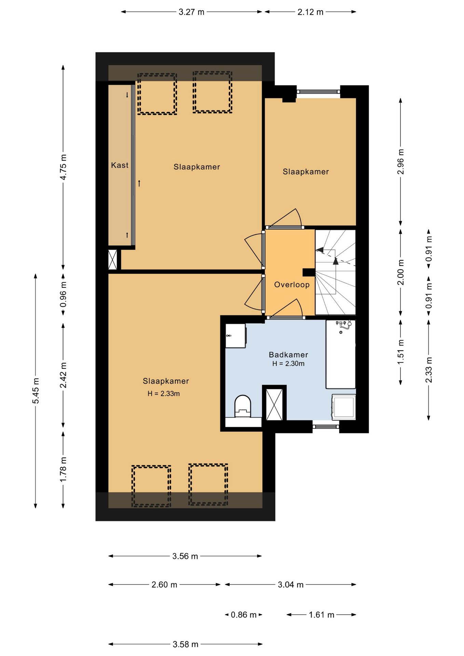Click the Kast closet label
(x=120, y=165)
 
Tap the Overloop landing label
(x=292, y=285)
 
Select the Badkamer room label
(x=288, y=355)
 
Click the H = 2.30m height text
(x=288, y=364)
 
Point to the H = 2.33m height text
(x=164, y=394)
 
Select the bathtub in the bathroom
(x=341, y=354)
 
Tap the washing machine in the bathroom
(x=344, y=407)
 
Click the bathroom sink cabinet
(x=235, y=336)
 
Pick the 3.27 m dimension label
(x=191, y=12)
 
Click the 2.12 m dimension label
(x=310, y=12)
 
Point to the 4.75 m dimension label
(x=63, y=167)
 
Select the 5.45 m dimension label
(x=36, y=391)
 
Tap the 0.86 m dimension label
(x=244, y=615)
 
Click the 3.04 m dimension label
(x=291, y=585)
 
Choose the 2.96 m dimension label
(x=400, y=162)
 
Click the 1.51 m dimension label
(x=400, y=352)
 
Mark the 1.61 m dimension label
(x=322, y=615)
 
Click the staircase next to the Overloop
(x=335, y=272)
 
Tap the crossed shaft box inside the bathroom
(x=274, y=404)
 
